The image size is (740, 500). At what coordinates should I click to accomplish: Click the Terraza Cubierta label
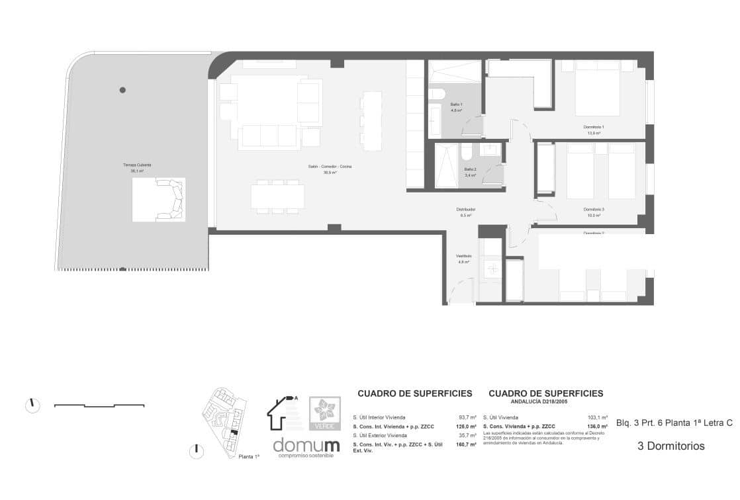point(132,167)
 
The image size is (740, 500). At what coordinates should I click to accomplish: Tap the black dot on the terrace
point(122,90)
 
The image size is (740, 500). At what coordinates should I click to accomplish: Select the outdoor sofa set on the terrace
point(159,200)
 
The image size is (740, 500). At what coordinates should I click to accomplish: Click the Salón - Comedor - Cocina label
point(329,169)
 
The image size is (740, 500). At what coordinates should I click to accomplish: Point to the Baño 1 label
point(457,107)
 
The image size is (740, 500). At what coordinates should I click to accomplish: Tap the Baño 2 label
point(470,172)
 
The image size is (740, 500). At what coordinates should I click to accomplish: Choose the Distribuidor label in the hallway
point(467,212)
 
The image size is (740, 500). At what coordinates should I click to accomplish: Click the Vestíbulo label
point(463,259)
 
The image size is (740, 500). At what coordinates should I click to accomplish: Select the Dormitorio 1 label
point(593,129)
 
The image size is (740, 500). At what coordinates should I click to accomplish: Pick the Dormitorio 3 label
point(593,212)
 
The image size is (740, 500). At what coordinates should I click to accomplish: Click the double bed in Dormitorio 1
point(597,88)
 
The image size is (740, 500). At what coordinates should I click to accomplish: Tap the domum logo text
point(306,445)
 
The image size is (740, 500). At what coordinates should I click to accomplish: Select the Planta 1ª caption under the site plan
point(248,456)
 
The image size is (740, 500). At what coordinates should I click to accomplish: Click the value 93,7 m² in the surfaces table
point(467,418)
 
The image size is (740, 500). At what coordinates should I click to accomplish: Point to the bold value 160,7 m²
point(467,445)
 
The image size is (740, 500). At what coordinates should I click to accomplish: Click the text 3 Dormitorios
point(671,446)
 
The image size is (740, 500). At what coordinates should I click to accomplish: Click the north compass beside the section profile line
point(32,405)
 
